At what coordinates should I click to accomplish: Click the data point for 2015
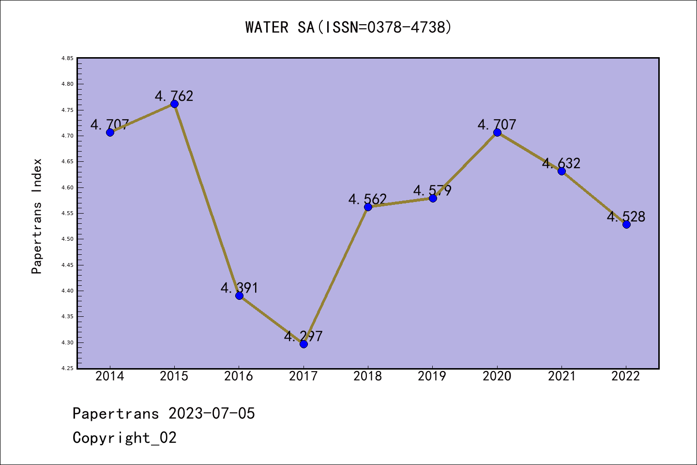pos(174,104)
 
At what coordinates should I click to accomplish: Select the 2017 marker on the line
pos(303,344)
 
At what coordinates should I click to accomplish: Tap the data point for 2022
pos(626,224)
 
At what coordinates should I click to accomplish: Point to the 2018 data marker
pos(368,207)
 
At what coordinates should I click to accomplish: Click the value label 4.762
pos(174,96)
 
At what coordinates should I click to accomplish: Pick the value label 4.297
pos(303,336)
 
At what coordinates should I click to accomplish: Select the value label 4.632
pos(561,163)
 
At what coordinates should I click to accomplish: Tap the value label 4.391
pos(239,288)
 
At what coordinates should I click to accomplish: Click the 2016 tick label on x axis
pos(239,376)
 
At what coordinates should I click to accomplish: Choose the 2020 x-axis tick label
pos(497,376)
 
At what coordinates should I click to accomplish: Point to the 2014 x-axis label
pos(110,376)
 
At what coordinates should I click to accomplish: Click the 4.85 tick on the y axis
pos(67,58)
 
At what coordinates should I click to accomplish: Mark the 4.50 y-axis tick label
pos(67,239)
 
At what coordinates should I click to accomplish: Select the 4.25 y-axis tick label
pos(67,368)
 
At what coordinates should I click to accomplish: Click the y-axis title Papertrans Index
pos(37,216)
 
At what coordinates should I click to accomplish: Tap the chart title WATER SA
pos(348,27)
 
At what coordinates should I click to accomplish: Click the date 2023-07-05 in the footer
pos(212,413)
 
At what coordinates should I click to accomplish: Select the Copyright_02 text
pos(124,437)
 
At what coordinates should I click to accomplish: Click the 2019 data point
pos(433,198)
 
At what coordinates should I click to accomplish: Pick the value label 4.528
pos(626,217)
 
